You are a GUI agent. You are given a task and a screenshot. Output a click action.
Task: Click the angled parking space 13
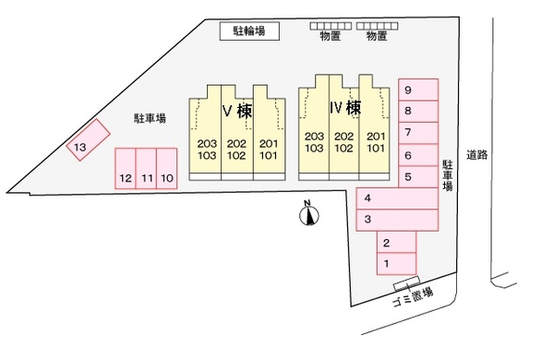89,140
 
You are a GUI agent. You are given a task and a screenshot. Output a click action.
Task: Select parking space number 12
126,169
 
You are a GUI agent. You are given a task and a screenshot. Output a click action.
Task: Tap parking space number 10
167,169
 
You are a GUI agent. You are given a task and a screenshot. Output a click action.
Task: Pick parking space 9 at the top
418,90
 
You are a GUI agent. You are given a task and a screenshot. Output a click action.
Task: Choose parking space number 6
418,155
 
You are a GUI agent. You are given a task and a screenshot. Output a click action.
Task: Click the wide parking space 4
397,198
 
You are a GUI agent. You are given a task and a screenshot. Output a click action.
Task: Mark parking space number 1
396,264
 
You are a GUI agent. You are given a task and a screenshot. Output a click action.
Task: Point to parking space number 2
396,242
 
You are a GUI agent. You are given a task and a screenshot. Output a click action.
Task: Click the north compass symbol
309,214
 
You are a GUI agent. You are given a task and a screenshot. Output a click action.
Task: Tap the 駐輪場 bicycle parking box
250,31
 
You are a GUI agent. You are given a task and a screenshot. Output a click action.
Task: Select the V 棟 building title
237,111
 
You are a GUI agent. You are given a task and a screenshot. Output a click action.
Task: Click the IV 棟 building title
345,107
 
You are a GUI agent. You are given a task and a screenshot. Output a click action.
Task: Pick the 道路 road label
477,155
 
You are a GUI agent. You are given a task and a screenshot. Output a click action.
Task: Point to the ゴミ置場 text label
413,296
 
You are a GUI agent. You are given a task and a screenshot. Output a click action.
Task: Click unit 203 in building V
207,143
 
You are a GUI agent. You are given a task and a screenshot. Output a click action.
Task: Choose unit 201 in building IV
376,136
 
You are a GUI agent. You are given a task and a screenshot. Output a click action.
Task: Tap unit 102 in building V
236,155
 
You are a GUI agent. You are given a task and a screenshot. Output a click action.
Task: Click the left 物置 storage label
331,36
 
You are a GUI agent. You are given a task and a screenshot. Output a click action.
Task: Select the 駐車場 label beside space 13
150,118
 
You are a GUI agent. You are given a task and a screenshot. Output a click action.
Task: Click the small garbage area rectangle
406,283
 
